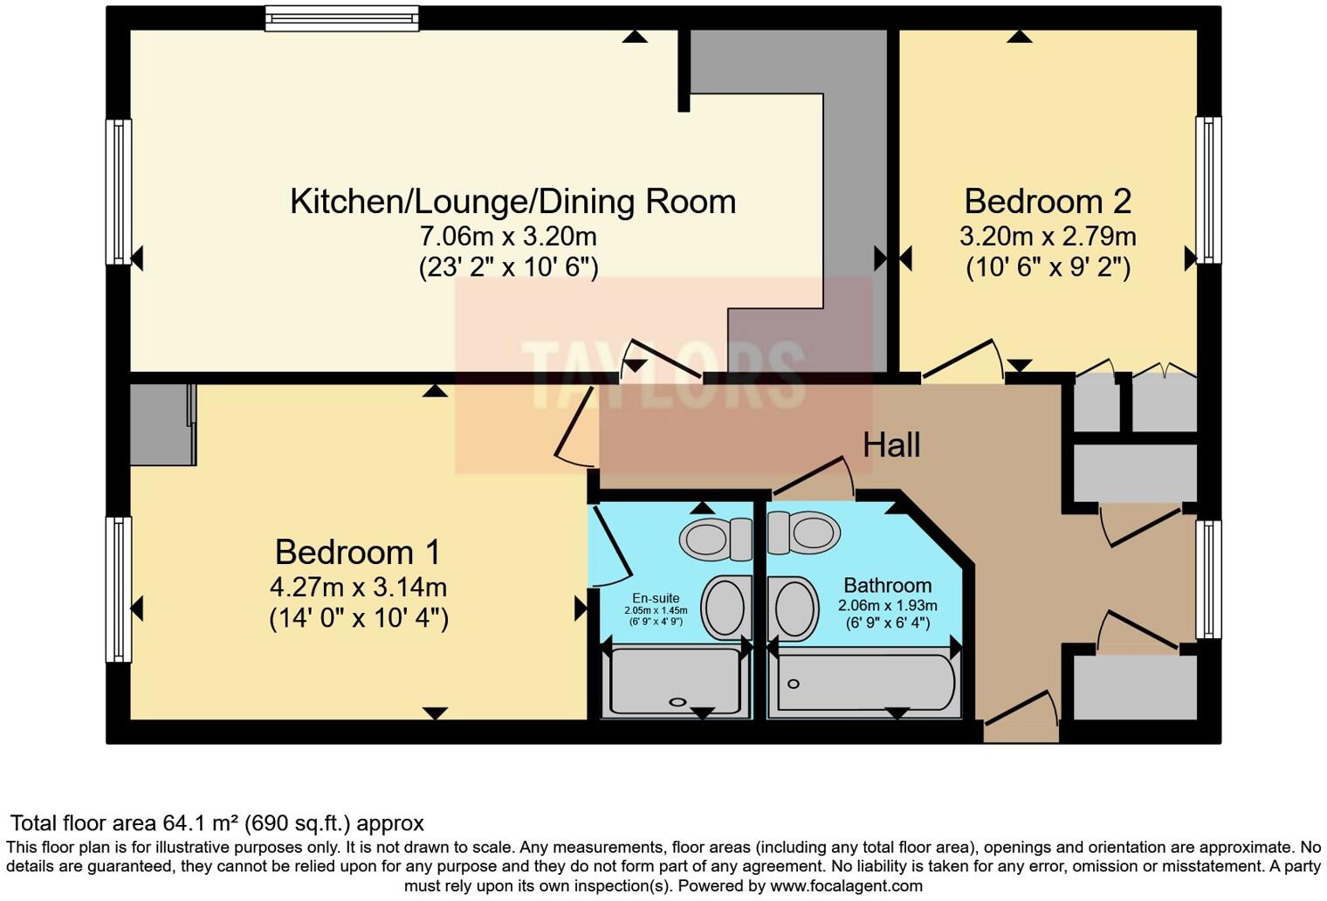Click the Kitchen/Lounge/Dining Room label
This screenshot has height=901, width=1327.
tap(512, 202)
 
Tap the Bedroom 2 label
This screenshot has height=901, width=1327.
tap(1047, 202)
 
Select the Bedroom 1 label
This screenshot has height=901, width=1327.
tap(357, 553)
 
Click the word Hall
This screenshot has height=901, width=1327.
tap(891, 445)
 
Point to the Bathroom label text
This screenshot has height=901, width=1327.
tap(887, 585)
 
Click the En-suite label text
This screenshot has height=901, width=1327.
tap(656, 598)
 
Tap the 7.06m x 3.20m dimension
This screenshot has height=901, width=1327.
tap(508, 237)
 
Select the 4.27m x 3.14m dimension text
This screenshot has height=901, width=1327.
tap(358, 588)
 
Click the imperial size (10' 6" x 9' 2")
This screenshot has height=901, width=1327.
tap(1048, 267)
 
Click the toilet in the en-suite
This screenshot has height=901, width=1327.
tap(714, 539)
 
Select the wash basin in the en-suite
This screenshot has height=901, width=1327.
tap(725, 607)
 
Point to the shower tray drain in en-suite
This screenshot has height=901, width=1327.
tap(677, 702)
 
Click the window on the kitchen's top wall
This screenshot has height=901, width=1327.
tap(341, 18)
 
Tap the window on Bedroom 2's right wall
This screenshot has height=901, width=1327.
tap(1208, 190)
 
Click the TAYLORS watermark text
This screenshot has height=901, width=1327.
tap(663, 375)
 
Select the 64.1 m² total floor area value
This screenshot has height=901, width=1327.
tap(201, 823)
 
